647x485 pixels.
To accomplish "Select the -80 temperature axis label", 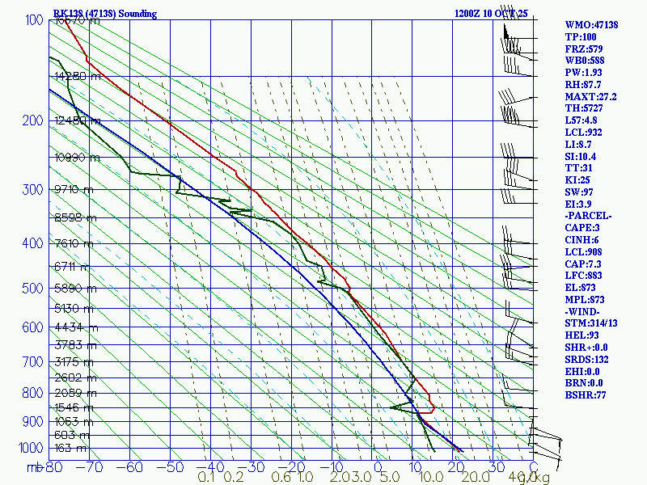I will point(53,467).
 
